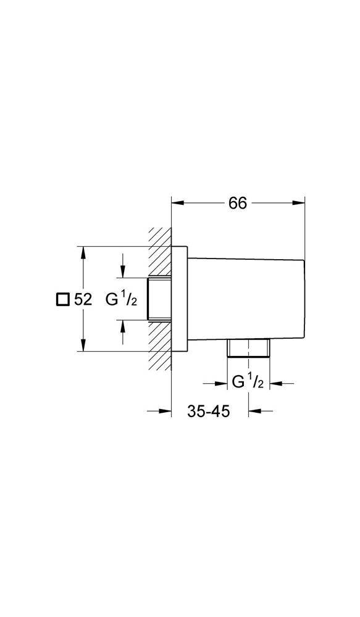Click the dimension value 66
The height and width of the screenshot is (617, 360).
click(x=237, y=202)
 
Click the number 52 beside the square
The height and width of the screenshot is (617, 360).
click(x=83, y=300)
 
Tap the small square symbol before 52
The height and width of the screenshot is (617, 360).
click(x=62, y=300)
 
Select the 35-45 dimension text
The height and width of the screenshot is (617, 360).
click(x=208, y=412)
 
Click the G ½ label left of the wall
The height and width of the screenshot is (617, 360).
click(x=121, y=300)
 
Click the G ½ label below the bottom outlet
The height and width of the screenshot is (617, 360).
click(x=248, y=382)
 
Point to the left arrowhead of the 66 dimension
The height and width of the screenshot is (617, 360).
click(x=178, y=202)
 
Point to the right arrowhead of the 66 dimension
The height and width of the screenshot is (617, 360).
click(x=298, y=202)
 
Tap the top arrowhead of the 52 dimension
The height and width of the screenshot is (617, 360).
click(x=82, y=252)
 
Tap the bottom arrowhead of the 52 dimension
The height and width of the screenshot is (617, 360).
click(x=82, y=345)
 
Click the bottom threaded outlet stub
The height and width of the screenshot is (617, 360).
click(x=248, y=348)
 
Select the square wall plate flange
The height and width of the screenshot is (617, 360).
click(x=180, y=299)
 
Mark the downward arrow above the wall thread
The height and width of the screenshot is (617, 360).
click(x=123, y=265)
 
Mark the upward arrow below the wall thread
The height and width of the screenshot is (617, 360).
click(x=123, y=332)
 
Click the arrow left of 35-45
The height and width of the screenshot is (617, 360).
click(x=159, y=412)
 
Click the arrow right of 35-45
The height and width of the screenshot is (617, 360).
click(x=261, y=412)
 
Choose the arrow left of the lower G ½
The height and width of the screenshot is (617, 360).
click(x=215, y=383)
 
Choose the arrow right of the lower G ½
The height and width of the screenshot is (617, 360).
click(x=281, y=383)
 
